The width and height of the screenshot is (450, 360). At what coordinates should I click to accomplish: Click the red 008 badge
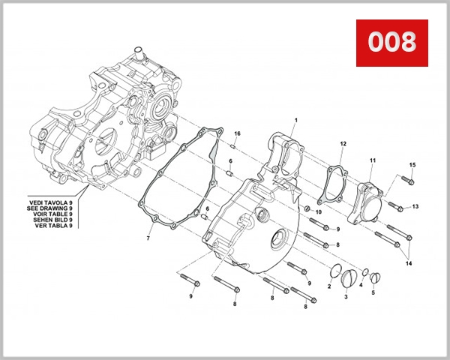391,41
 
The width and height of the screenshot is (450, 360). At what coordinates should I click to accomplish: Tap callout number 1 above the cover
295,121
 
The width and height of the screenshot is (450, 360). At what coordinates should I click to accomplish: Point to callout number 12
343,143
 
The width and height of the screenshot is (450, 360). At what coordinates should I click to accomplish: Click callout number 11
372,160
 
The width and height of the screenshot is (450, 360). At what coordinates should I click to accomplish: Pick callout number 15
412,164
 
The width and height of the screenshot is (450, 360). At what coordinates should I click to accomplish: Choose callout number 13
415,206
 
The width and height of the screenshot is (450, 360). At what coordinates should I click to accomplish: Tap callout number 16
237,133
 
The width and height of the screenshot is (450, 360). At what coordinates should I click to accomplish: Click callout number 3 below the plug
346,297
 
